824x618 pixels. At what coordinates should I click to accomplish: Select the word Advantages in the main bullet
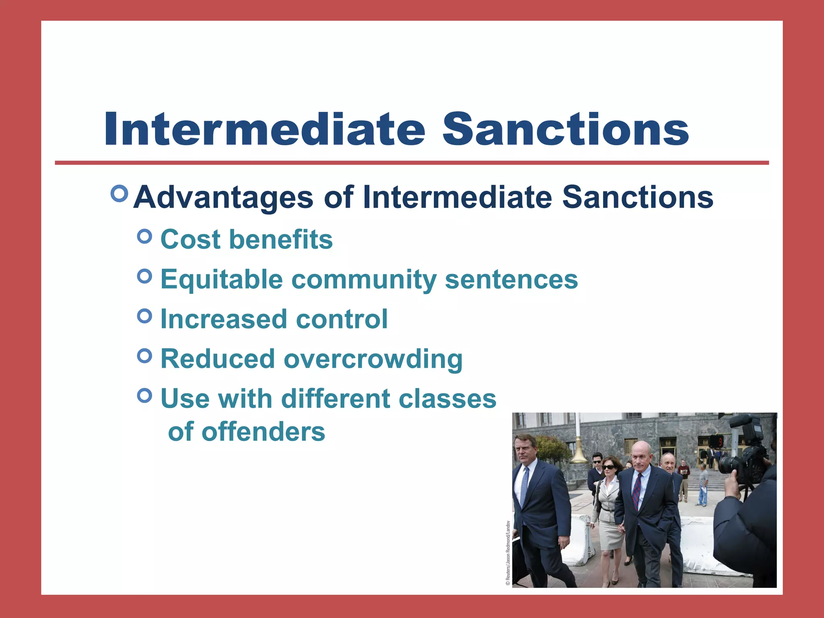click(223, 198)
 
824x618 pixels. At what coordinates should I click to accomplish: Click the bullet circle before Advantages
click(119, 194)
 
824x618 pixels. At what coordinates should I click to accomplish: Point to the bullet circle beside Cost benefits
click(144, 237)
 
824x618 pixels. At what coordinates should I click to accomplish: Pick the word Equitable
click(222, 280)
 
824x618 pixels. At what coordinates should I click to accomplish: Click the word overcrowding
click(373, 359)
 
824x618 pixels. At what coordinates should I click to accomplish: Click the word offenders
click(263, 432)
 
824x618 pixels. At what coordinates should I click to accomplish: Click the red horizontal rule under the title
click(412, 163)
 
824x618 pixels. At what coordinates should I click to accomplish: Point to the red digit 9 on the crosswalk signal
click(721, 442)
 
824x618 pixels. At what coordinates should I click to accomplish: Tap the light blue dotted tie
click(524, 487)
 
